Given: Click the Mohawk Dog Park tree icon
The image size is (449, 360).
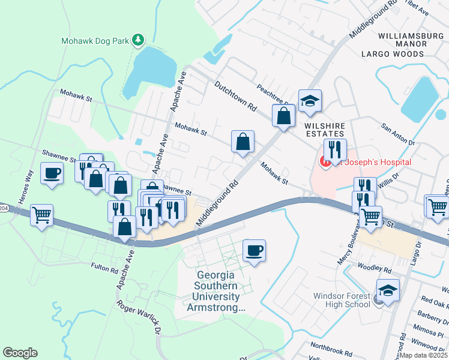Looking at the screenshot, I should pyautogui.click(x=139, y=40).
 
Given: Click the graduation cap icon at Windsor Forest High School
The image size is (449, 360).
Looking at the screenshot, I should pyautogui.click(x=388, y=290).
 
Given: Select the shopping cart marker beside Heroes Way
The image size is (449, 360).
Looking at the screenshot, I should pyautogui.click(x=41, y=214).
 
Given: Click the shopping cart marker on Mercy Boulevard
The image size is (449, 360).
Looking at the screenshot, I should pyautogui.click(x=371, y=216).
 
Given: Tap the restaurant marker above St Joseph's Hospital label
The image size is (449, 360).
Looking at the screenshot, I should pyautogui.click(x=335, y=149).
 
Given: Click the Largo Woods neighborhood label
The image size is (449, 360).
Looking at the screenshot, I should pyautogui.click(x=393, y=54).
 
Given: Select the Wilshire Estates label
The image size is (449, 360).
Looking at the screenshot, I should pyautogui.click(x=324, y=130).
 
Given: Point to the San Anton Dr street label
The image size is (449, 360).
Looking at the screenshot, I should pyautogui.click(x=398, y=135).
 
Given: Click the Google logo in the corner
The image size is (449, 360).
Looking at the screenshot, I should pyautogui.click(x=20, y=353).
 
